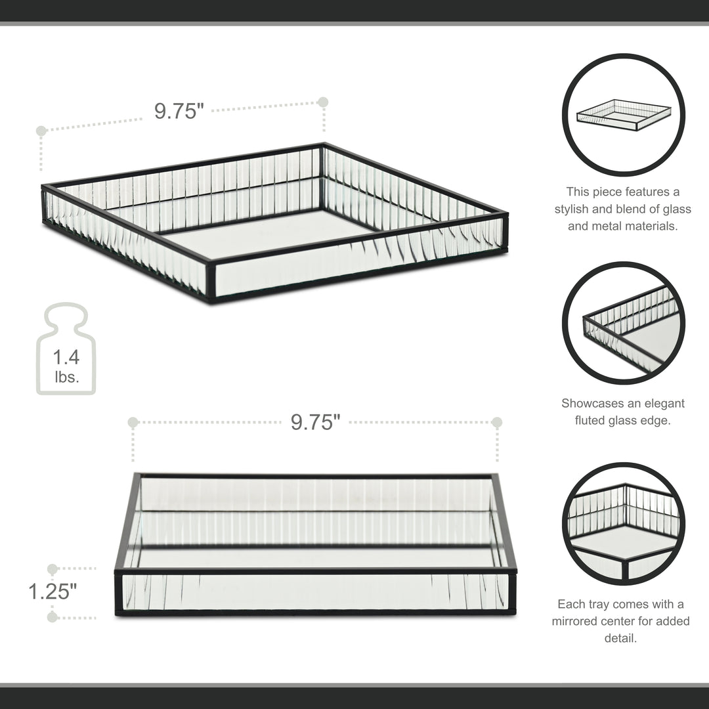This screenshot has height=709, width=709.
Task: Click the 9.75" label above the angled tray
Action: (175, 111)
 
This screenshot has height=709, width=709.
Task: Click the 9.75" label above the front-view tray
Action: (316, 422)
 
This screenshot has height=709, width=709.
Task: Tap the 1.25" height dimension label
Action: (53, 591)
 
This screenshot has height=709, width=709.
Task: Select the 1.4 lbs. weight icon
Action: (66, 349)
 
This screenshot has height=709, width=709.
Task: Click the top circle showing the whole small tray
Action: (623, 115)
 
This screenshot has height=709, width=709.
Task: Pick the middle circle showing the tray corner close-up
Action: (623, 323)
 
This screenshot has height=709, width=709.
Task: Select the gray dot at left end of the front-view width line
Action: (133, 422)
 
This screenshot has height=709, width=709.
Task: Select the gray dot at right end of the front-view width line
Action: (497, 422)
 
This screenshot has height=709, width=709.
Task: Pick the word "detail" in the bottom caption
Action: (620, 637)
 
